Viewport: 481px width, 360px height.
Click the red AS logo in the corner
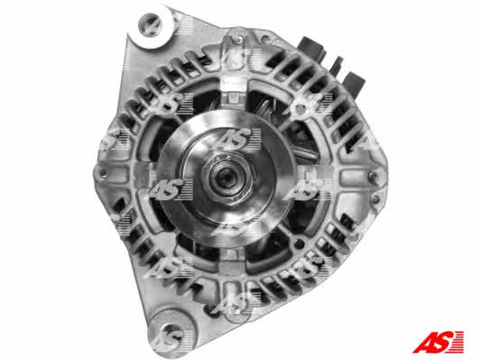click(x=438, y=342)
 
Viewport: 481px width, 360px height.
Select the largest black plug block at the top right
click(x=313, y=49)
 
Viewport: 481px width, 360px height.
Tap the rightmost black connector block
click(x=354, y=83)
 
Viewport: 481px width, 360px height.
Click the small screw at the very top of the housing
click(x=237, y=39)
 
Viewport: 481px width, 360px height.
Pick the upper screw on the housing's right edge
click(x=373, y=176)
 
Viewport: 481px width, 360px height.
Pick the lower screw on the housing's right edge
click(x=375, y=199)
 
